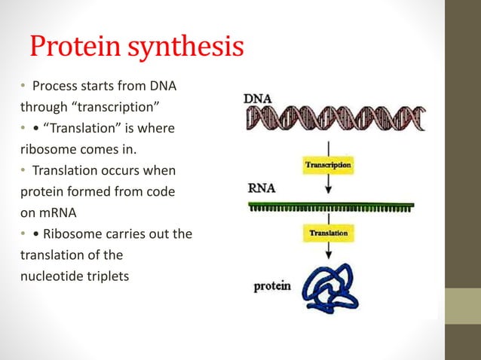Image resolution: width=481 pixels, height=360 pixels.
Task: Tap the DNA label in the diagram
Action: click(258, 99)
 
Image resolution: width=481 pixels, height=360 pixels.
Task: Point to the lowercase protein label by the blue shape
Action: click(271, 287)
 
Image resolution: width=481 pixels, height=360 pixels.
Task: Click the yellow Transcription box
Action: click(327, 163)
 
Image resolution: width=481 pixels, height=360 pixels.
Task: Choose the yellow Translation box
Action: click(327, 234)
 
